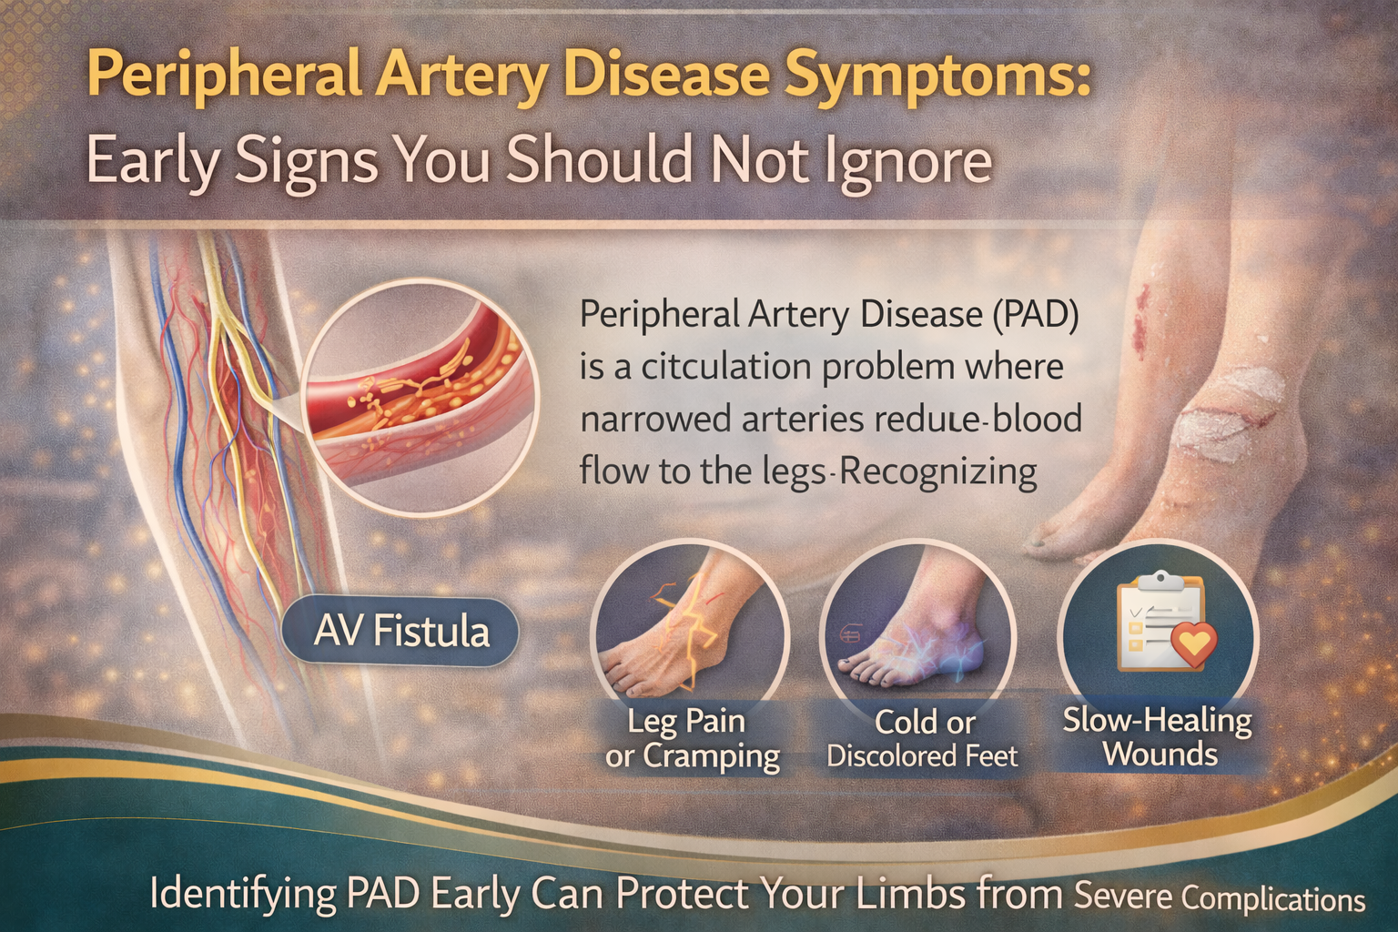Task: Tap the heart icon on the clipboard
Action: [1193, 643]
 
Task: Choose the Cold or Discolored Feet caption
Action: [922, 738]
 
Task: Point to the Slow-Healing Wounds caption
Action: [1158, 737]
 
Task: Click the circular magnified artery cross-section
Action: [420, 393]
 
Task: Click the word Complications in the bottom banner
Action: [1273, 899]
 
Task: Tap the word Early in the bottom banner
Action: [474, 894]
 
